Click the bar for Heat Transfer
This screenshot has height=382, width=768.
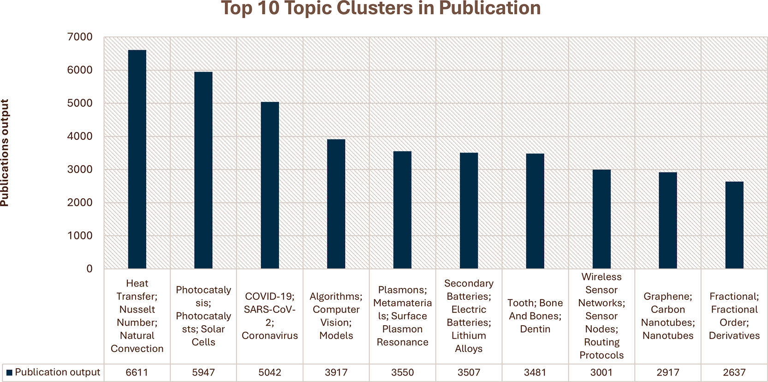(x=137, y=159)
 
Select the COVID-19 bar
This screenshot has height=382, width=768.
(x=270, y=185)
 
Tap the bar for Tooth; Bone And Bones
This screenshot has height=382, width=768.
(x=535, y=211)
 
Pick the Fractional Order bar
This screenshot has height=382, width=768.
(x=734, y=225)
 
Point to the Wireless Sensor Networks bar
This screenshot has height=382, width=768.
(x=601, y=219)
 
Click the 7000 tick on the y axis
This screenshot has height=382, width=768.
(x=80, y=37)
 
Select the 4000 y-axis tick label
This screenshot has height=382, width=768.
(x=80, y=136)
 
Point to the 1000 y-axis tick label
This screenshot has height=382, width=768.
(x=80, y=236)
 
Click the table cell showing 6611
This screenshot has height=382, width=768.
(x=137, y=372)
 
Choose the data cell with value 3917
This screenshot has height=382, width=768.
(x=336, y=372)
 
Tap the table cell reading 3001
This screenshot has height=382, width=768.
(x=601, y=372)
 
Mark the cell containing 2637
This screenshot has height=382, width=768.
(x=734, y=372)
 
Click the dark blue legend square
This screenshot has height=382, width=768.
(x=9, y=372)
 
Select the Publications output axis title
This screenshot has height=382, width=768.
(x=5, y=153)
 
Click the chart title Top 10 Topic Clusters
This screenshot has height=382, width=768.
(x=381, y=8)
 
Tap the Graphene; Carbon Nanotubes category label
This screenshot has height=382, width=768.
(x=668, y=316)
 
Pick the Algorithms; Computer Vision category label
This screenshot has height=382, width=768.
(x=336, y=316)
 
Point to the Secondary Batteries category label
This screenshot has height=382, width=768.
(x=469, y=316)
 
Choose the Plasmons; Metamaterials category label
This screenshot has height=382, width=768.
(x=403, y=316)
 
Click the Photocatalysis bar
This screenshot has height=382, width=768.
(x=203, y=170)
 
